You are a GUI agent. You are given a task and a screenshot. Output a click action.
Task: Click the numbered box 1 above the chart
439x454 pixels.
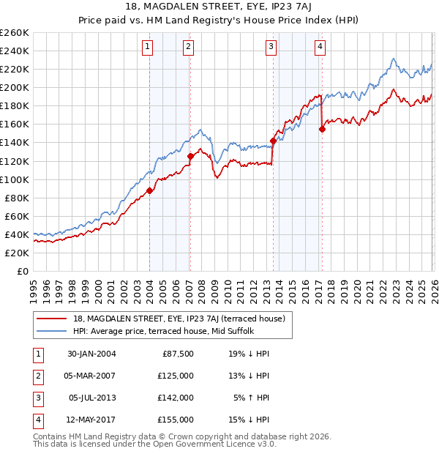148,48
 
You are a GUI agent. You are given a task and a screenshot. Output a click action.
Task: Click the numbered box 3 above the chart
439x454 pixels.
271,48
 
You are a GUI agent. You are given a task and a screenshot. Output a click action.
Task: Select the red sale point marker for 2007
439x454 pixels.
190,156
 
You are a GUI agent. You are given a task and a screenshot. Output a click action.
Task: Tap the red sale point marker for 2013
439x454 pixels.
273,141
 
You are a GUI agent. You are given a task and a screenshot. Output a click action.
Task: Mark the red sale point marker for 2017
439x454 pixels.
322,129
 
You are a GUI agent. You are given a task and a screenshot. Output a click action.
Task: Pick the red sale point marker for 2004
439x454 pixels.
150,190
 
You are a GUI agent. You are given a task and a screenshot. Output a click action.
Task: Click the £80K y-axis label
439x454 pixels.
17,198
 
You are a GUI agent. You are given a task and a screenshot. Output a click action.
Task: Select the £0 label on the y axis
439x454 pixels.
22,271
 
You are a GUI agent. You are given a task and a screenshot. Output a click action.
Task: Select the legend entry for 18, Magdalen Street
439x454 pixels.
183,318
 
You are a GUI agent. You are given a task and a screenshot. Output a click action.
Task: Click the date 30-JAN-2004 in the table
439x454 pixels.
91,354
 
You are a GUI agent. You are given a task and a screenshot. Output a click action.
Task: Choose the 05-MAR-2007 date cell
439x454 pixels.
91,376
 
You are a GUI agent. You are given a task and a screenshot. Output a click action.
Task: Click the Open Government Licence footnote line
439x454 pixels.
154,444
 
